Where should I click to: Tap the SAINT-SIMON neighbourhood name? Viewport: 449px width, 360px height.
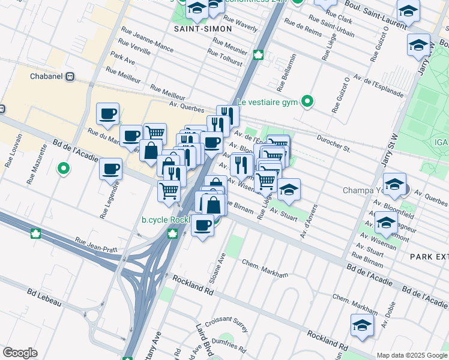click(x=194, y=28)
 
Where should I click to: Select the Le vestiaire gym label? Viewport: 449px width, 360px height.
click(x=267, y=101)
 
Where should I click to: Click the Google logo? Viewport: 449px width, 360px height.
click(x=20, y=353)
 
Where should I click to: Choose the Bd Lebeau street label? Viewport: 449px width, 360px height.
click(x=44, y=298)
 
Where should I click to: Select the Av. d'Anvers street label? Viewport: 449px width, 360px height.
click(x=307, y=220)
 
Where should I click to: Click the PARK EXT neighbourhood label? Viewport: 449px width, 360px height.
click(x=429, y=256)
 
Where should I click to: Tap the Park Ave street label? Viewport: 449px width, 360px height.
click(x=122, y=59)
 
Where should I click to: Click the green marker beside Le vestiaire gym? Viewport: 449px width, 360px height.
click(x=307, y=101)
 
